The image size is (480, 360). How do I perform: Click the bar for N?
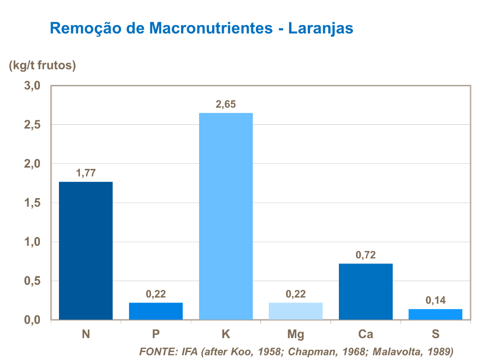click(x=86, y=251)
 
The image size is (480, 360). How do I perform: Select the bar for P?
click(x=156, y=311)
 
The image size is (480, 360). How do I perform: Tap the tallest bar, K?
click(x=226, y=216)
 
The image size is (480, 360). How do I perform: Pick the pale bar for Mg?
click(x=296, y=311)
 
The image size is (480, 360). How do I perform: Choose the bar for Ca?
click(x=366, y=291)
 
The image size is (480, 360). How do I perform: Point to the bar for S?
click(x=435, y=314)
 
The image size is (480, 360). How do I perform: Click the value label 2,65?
click(x=226, y=104)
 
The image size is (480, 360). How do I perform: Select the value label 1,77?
click(x=86, y=174)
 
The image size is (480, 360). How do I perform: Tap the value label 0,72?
click(x=365, y=255)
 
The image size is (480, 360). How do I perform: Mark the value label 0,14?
click(x=435, y=301)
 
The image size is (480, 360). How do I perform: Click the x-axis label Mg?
click(x=296, y=334)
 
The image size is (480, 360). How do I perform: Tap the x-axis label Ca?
click(x=365, y=334)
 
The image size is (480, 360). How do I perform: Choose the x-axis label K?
click(x=226, y=334)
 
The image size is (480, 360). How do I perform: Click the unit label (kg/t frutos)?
click(x=42, y=66)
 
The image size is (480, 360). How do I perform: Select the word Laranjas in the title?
click(x=321, y=28)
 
